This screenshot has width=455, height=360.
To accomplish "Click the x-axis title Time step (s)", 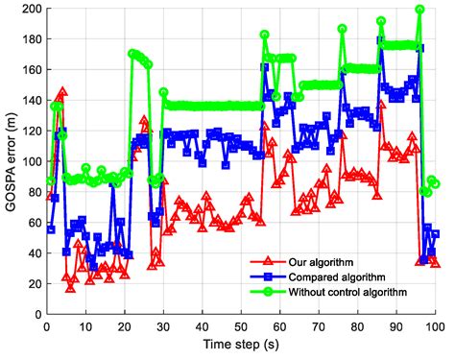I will click(241, 349).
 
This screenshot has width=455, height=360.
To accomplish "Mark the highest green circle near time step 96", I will click(419, 11).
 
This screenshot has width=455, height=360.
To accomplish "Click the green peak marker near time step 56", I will click(265, 36).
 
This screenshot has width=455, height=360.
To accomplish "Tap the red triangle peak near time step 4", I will click(62, 93).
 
